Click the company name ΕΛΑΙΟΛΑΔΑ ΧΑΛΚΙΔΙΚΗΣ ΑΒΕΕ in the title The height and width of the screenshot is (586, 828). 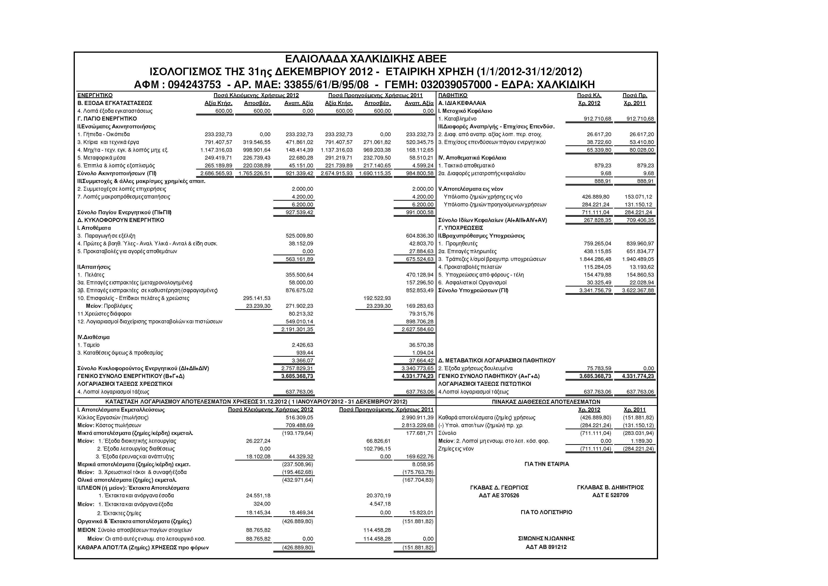(x=365, y=59)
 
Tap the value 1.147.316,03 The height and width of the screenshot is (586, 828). (x=216, y=150)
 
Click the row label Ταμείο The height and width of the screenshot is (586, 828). (x=91, y=345)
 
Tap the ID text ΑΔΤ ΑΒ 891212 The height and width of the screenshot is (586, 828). (x=546, y=547)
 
